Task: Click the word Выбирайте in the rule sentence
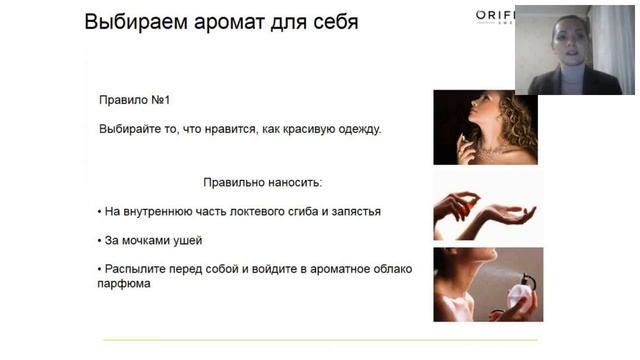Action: point(130,130)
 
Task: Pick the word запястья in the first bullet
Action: point(354,212)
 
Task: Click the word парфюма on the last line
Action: point(125,284)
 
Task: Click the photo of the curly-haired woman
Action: point(485,127)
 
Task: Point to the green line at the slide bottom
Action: point(320,340)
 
